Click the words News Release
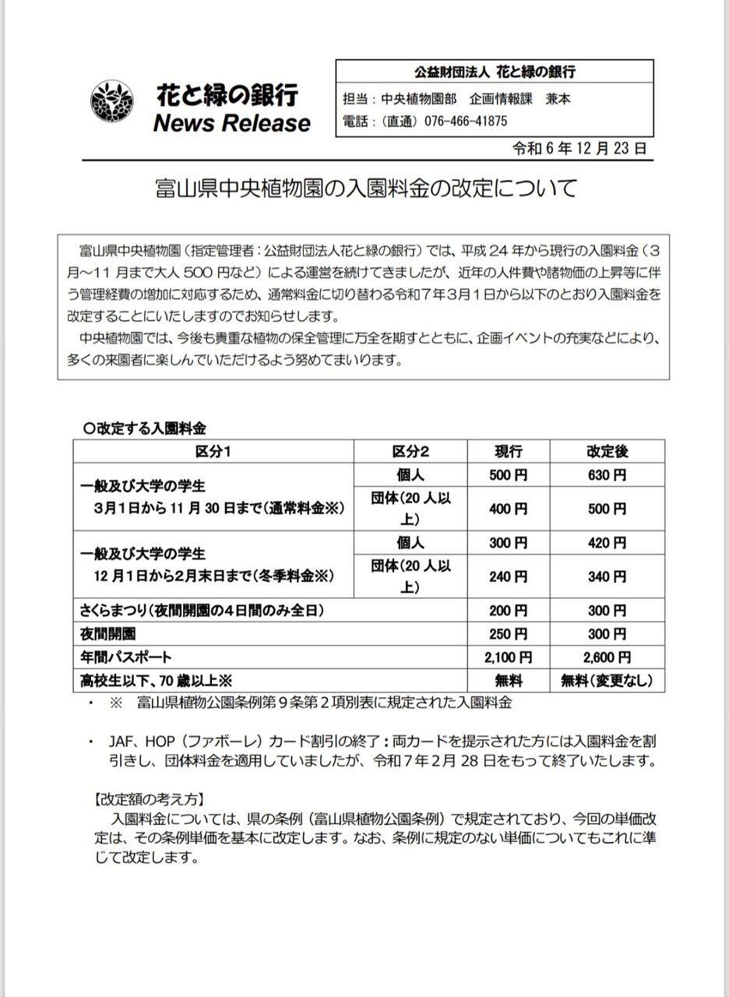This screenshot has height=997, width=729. [232, 123]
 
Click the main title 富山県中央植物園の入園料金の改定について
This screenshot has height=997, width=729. [365, 189]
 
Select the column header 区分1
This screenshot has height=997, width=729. [213, 452]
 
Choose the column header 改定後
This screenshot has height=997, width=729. [607, 452]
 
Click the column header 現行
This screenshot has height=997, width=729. [509, 452]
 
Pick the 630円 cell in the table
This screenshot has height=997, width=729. [607, 475]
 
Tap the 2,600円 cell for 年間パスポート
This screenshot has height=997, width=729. [607, 658]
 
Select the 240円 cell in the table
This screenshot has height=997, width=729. [509, 577]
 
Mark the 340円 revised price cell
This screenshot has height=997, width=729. [607, 577]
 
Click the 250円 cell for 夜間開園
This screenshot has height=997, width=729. [509, 634]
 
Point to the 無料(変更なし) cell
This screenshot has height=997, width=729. [607, 681]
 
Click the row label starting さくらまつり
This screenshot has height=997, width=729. [202, 611]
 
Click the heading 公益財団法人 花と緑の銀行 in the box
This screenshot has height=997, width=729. [494, 72]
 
